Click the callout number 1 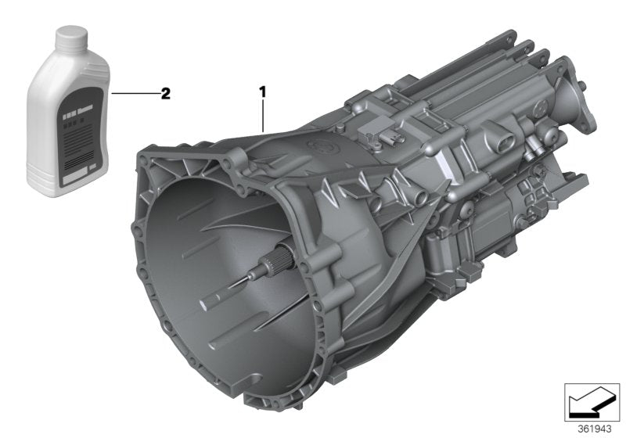click(x=264, y=92)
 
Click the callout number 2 click(x=165, y=94)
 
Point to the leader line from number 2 click(x=133, y=94)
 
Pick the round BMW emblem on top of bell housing click(x=319, y=145)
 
